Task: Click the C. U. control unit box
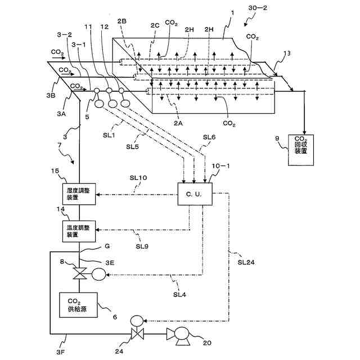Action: [195, 194]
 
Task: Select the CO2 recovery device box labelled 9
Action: [301, 150]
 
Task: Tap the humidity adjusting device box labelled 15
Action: [79, 194]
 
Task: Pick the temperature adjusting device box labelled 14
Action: [79, 231]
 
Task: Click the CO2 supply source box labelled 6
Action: [78, 305]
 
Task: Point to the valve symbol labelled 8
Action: [79, 273]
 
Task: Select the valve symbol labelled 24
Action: [137, 334]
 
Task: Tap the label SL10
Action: [138, 178]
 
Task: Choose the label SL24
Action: [246, 262]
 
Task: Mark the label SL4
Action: [179, 295]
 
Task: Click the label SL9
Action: [142, 246]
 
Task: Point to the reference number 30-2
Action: [258, 8]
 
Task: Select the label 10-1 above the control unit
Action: [220, 166]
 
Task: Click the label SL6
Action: [209, 137]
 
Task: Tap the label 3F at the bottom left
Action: [61, 352]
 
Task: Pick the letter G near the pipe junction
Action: [107, 246]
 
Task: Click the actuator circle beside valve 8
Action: [99, 274]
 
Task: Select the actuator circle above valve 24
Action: [137, 321]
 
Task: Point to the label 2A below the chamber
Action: [178, 123]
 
